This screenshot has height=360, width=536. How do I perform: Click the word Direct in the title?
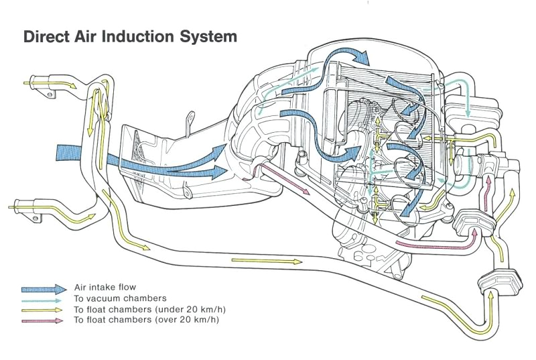pos(48,36)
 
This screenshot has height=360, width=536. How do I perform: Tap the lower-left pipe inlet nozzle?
pos(30,205)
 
